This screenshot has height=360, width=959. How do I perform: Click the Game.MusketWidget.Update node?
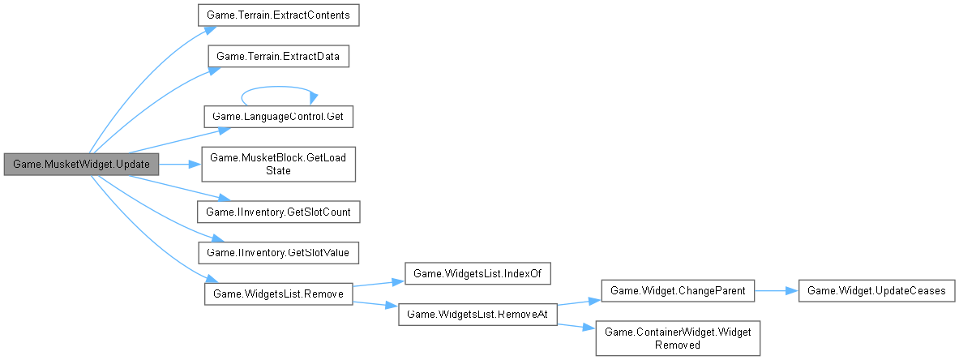tap(80, 164)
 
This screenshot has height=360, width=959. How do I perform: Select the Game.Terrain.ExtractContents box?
tap(279, 15)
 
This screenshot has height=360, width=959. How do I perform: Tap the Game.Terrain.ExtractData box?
tap(279, 57)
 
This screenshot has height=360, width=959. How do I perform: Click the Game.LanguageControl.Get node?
tap(279, 117)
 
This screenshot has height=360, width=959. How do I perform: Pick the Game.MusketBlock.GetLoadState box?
tap(279, 164)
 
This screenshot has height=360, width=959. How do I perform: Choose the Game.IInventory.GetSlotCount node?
tap(279, 212)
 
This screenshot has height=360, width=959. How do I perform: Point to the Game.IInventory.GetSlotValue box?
tap(279, 252)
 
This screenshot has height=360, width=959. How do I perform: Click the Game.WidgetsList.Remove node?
tap(279, 293)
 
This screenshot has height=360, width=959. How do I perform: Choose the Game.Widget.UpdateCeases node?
tap(875, 290)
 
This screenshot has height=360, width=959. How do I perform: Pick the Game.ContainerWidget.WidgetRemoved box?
tap(678, 337)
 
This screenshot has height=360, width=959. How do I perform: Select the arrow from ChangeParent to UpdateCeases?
tap(776, 290)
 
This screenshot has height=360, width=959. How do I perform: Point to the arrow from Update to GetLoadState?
tap(178, 164)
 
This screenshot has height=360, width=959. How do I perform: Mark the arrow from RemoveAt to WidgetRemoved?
tap(577, 325)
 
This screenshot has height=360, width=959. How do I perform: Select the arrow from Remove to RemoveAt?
tap(375, 304)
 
